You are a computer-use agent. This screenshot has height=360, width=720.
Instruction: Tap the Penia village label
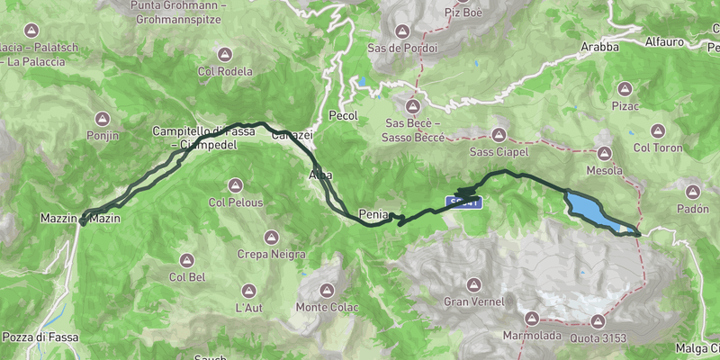[373, 214]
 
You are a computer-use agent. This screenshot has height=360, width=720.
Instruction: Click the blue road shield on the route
[464, 202]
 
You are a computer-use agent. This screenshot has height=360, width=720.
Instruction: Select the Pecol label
[344, 116]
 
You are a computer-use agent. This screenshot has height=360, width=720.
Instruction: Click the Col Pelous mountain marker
[235, 185]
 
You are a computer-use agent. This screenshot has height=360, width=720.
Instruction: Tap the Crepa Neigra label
[270, 255]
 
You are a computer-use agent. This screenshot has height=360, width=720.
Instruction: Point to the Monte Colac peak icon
[327, 290]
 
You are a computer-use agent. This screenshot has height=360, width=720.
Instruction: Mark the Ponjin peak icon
[103, 118]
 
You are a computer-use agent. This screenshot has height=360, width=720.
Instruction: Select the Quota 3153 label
[598, 337]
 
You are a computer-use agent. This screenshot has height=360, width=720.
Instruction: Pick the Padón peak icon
[693, 191]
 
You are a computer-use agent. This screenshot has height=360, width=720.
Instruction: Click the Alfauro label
[665, 41]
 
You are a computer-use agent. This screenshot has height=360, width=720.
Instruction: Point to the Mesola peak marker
[604, 152]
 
